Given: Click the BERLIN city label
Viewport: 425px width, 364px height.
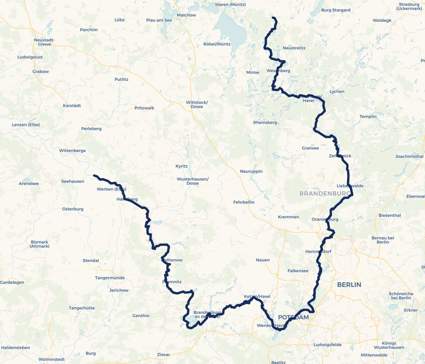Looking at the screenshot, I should point(349,284).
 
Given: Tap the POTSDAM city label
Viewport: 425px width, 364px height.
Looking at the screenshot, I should point(293,317).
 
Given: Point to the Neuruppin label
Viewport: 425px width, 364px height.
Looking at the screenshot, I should point(251,171).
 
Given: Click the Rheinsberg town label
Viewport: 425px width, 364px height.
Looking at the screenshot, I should point(265,123).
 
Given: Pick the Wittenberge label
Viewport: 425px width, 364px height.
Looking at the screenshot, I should point(72,150).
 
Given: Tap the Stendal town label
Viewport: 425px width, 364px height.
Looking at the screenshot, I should point(91,260).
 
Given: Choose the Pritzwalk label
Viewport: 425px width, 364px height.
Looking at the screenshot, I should point(144,108).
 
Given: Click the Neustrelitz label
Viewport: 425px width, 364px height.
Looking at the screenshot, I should point(294,48).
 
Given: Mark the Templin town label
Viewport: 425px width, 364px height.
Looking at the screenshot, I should point(368,117).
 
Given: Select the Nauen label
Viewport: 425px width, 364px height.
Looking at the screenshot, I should point(263,260).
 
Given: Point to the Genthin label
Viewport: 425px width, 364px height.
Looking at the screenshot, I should point(141,316).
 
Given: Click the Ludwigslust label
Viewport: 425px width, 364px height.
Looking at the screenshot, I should point(30,57).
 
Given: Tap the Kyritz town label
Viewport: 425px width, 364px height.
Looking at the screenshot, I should point(181,166).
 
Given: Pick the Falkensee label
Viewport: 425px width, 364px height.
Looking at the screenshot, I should point(298,271).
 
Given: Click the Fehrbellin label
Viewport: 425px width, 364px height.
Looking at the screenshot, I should point(245,202).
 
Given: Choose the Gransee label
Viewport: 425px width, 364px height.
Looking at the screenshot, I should point(310,148).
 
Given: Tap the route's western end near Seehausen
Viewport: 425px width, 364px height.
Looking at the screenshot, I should point(94,175).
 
